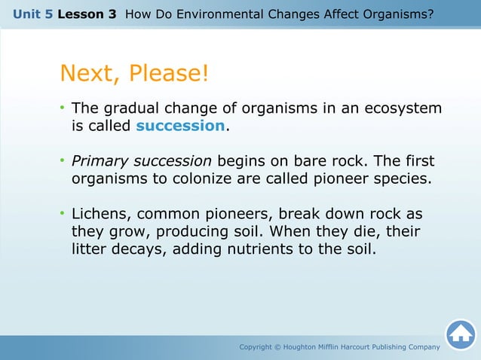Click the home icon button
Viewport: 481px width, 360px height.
[x=460, y=334]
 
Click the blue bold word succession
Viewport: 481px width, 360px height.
[x=180, y=126]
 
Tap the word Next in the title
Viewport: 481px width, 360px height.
[x=90, y=74]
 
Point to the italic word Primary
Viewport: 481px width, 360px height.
[x=100, y=161]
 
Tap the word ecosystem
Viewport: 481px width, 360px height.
[x=403, y=108]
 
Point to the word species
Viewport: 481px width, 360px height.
[x=404, y=179]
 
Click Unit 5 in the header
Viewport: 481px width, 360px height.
[x=32, y=14]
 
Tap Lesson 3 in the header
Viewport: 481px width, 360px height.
[x=86, y=14]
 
